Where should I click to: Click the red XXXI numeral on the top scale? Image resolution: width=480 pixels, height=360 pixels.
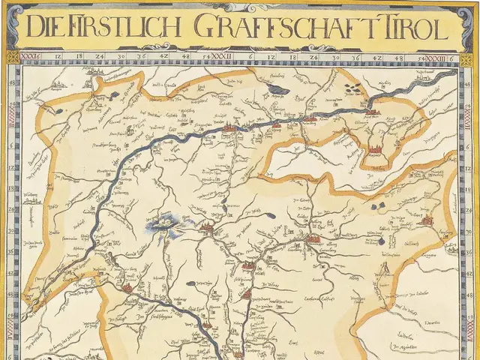[x=31, y=56]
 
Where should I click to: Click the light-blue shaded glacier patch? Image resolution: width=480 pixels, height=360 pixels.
[x=163, y=223]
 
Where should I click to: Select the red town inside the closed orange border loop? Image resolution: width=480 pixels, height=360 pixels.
[x=373, y=149]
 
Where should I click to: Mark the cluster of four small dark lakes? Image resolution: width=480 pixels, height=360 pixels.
[x=350, y=88]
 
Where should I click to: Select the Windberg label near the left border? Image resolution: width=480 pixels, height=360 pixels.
[x=31, y=200]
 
